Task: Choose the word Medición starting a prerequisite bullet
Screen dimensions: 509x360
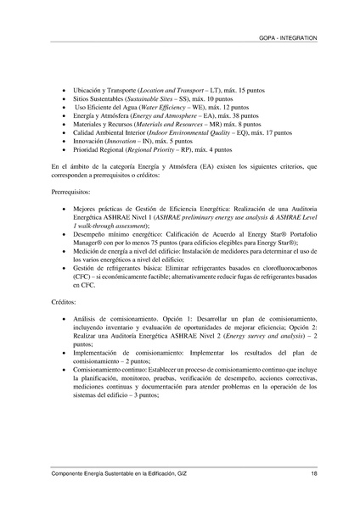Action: click(x=90, y=252)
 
